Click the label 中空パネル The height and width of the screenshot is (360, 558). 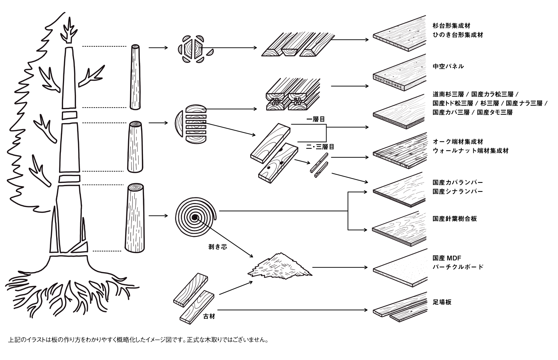point(448,67)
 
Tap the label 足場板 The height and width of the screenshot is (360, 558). point(442,302)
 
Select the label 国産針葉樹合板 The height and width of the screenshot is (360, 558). point(455,219)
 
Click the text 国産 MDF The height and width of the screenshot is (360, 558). point(447,258)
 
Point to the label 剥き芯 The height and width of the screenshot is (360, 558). point(217,247)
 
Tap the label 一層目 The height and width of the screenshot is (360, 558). point(315,119)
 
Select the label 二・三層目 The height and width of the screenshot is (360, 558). point(320,147)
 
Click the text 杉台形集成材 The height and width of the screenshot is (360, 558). point(451,26)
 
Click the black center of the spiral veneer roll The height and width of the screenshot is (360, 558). point(195,217)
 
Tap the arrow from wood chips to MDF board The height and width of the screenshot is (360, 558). point(340,267)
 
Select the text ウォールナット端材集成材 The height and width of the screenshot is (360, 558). point(471,151)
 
